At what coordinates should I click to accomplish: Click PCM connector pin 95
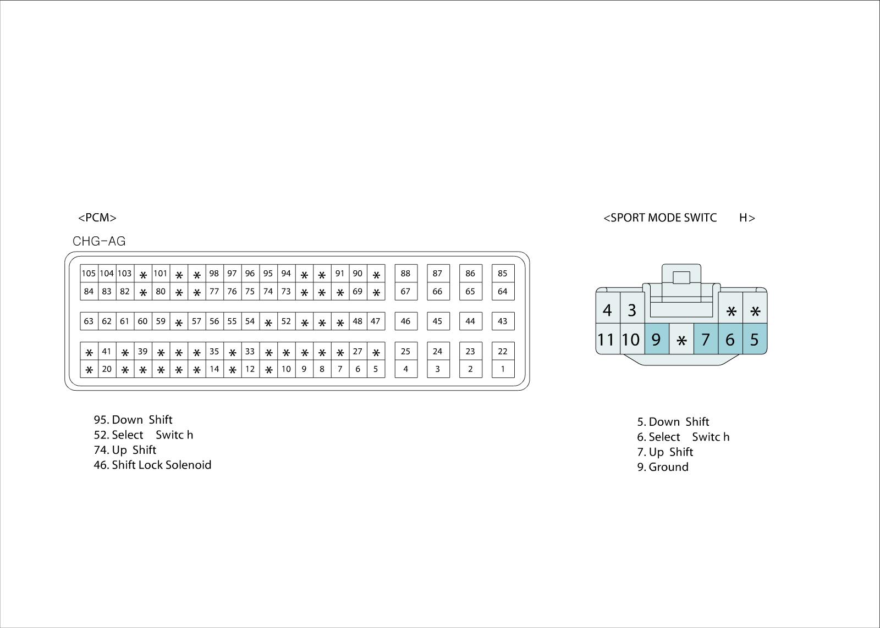[x=268, y=274]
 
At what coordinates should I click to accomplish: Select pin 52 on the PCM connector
[x=286, y=321]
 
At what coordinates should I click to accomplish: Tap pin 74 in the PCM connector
[x=268, y=292]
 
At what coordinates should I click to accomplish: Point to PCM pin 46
[x=405, y=321]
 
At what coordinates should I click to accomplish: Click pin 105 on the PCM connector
[x=89, y=274]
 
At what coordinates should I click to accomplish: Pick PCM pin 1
[x=503, y=369]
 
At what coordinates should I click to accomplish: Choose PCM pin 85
[x=503, y=274]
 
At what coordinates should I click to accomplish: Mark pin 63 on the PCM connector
[x=89, y=321]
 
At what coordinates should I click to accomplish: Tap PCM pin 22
[x=503, y=352]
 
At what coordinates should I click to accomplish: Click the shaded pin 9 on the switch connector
[x=656, y=340]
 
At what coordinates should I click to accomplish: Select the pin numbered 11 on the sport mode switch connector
[x=607, y=340]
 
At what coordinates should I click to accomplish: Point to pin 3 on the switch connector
[x=632, y=310]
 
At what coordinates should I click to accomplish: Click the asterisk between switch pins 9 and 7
[x=681, y=341]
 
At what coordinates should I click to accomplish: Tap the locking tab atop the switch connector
[x=681, y=277]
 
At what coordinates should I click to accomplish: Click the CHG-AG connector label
[x=99, y=241]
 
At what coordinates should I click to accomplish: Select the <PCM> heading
[x=97, y=218]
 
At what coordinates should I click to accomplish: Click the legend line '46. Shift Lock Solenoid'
[x=152, y=465]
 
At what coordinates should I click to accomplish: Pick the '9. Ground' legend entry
[x=663, y=467]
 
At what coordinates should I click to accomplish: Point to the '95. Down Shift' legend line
[x=133, y=420]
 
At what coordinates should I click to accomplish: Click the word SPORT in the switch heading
[x=628, y=218]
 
